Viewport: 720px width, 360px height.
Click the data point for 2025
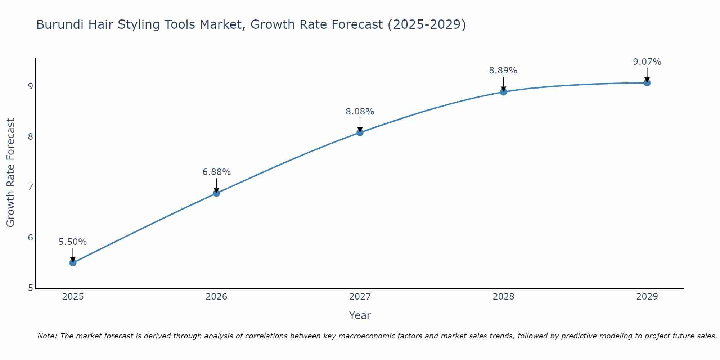[x=73, y=263]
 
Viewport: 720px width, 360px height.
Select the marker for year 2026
[x=216, y=193]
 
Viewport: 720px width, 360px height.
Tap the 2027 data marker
[x=360, y=132]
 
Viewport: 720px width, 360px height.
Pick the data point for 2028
[x=503, y=92]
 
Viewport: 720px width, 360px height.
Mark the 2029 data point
[x=647, y=83]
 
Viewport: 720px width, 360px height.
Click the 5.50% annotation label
[x=73, y=242]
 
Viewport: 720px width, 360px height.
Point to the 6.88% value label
[x=216, y=172]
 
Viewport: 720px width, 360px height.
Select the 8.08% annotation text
[x=360, y=112]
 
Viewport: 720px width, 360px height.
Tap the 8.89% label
[x=503, y=71]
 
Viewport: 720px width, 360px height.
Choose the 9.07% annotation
[x=647, y=62]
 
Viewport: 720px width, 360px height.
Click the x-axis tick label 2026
[x=216, y=297]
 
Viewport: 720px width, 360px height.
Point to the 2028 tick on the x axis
[x=503, y=297]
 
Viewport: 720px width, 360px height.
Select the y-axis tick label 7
[x=30, y=187]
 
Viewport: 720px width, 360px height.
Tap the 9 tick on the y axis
[x=30, y=86]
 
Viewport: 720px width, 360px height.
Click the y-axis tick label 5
[x=30, y=288]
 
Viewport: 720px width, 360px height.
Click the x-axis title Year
[x=360, y=315]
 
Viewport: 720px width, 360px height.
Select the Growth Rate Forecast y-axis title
[x=11, y=173]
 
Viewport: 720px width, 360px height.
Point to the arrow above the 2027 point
[x=360, y=124]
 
